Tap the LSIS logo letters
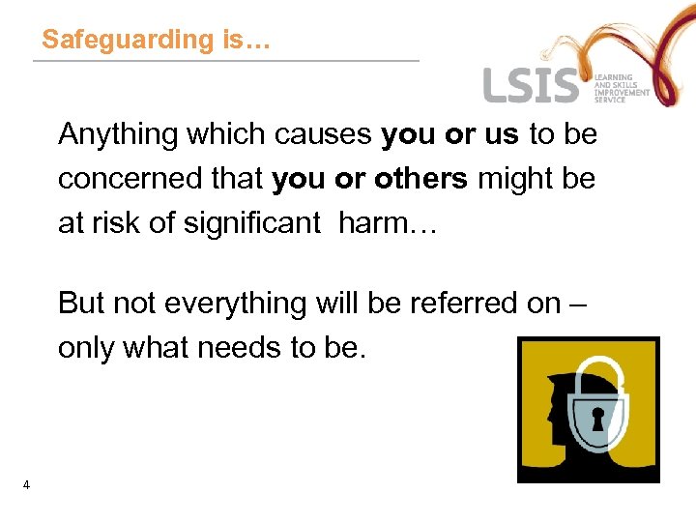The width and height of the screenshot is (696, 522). click(x=531, y=85)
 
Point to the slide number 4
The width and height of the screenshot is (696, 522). click(x=26, y=485)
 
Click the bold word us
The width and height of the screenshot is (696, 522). click(x=502, y=135)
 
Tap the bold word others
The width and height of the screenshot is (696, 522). click(x=423, y=180)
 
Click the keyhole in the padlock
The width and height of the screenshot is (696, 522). click(x=597, y=418)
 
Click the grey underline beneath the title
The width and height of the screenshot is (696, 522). click(x=226, y=62)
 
